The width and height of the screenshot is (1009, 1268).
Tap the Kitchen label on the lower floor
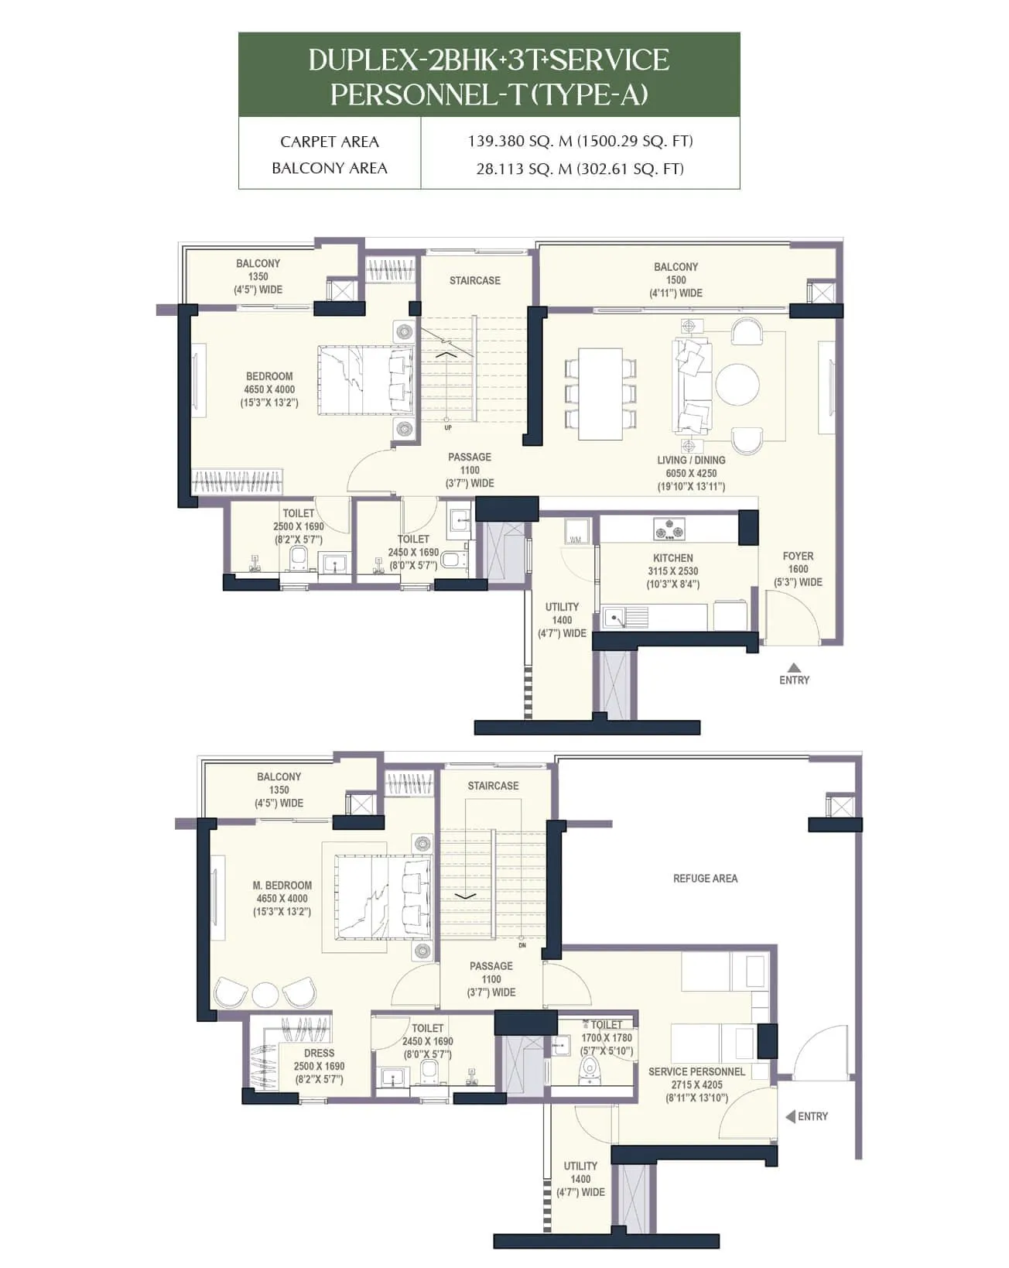pos(672,558)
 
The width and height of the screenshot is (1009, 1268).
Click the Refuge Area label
pos(705,879)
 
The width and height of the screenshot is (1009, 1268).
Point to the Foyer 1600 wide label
pos(798,569)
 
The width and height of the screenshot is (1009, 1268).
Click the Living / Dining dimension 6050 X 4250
pos(691,473)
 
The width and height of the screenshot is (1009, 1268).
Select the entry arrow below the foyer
pos(793,667)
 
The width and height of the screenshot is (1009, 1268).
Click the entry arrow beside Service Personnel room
pos(790,1116)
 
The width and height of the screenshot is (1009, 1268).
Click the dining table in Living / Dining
pos(600,394)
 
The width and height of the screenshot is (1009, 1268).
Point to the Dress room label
pos(319,1054)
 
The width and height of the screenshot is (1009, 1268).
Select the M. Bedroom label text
pos(282,886)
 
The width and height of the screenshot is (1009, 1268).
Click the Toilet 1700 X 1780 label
pos(607,1037)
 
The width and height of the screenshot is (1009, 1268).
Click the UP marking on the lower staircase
pos(448,428)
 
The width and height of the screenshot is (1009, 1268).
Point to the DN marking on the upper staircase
pos(522,945)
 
